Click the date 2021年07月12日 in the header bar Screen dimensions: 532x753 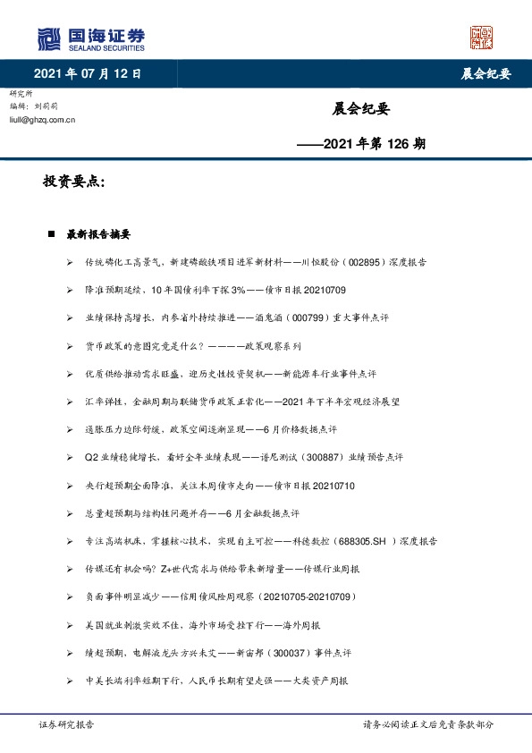coord(87,73)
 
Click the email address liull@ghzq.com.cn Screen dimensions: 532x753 coord(41,118)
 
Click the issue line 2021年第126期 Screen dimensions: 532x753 coord(367,142)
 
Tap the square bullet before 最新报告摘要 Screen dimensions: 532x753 coord(51,234)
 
